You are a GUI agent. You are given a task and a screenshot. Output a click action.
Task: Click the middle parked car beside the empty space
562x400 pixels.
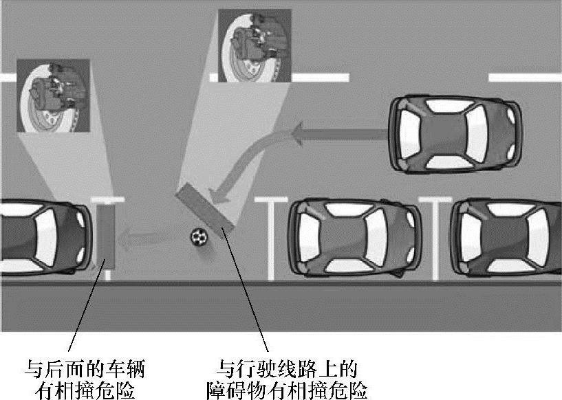tap(354, 237)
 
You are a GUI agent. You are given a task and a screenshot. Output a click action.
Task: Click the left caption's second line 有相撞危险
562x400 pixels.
tap(85, 390)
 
